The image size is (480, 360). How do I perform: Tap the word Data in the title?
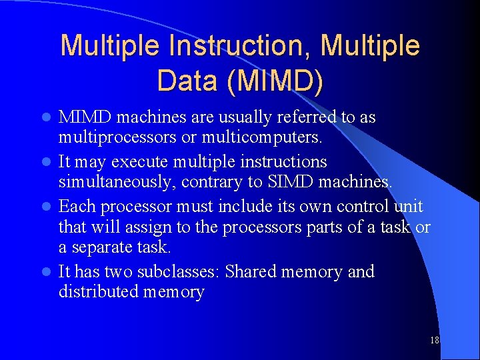[x=187, y=81]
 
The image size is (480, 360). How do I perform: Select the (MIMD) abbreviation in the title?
[x=275, y=81]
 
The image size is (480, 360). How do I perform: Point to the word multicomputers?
[x=266, y=138]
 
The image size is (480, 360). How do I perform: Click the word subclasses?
[x=179, y=272]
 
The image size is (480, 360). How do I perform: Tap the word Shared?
[x=250, y=272]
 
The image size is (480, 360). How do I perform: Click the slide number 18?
[x=435, y=341]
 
